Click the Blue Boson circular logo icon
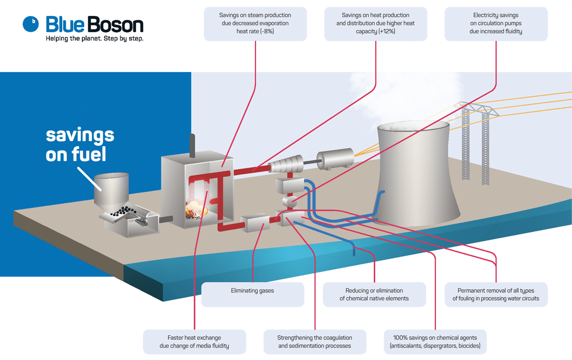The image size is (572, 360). point(31,23)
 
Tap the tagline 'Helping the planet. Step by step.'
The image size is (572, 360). point(94,39)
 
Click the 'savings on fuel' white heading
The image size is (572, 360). point(80,145)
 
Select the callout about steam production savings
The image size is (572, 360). point(255,24)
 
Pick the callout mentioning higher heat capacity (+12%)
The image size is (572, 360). point(375,24)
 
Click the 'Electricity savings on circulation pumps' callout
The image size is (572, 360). point(496,24)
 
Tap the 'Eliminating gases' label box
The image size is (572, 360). point(252,294)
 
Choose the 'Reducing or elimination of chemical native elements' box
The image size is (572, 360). point(374,294)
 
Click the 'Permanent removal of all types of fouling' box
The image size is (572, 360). point(496,294)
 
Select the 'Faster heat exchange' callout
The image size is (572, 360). point(194,342)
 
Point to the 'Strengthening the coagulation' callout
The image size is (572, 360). point(315,342)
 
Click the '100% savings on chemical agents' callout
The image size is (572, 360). point(435,342)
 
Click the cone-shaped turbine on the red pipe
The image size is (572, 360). point(285,165)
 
